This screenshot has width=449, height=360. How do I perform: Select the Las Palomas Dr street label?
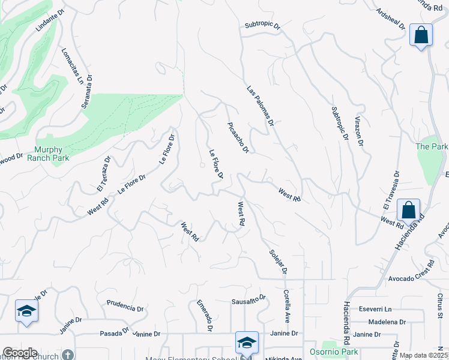tap(260, 106)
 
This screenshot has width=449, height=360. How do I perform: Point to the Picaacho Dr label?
tap(238, 137)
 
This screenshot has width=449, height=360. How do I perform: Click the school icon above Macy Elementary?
tap(247, 343)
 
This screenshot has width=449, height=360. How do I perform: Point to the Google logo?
tap(19, 353)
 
